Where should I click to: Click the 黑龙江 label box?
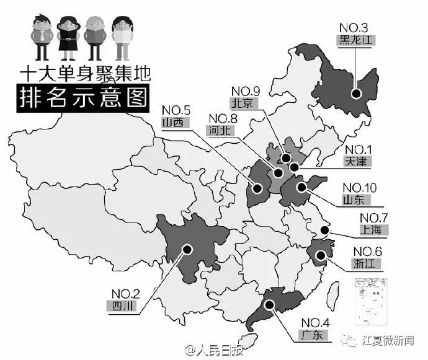point(355,40)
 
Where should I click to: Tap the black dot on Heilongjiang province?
point(357,94)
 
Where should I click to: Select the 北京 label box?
point(243,103)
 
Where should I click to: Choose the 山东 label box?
point(355,200)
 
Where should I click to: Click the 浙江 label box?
point(365,263)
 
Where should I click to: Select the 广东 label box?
point(313,335)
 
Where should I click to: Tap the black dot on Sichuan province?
point(185,249)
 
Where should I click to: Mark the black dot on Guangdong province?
point(271,304)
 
